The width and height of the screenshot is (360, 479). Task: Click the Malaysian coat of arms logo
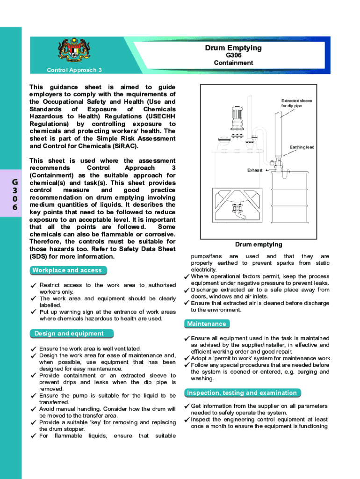[74, 51]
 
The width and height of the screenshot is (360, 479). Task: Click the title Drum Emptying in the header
[233, 48]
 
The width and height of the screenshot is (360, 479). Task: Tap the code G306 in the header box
[233, 56]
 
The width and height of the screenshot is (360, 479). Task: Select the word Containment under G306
[233, 63]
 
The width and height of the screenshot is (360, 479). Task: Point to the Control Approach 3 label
[74, 70]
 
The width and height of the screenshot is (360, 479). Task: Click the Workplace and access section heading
[66, 270]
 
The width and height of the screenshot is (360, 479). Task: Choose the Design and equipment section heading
[69, 334]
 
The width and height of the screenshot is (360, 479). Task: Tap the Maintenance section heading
[206, 324]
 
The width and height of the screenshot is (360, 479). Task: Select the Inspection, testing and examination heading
[241, 393]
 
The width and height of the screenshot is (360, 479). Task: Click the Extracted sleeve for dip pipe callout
[296, 103]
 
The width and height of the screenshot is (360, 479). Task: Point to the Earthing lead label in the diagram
[302, 147]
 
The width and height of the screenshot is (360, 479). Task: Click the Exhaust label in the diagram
[255, 170]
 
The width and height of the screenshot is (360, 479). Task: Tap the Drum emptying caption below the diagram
[259, 244]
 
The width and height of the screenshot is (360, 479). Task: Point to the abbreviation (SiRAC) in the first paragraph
[122, 146]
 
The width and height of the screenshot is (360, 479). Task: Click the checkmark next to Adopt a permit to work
[187, 359]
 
